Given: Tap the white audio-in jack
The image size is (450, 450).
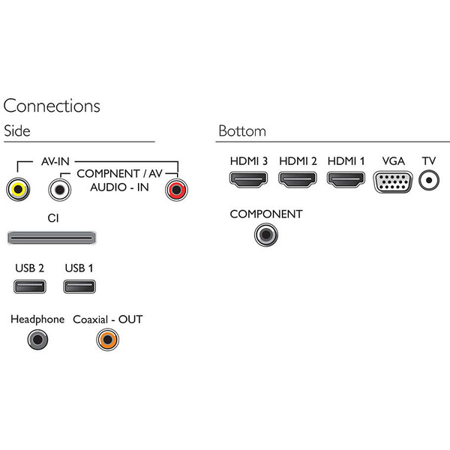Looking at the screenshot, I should point(59,190).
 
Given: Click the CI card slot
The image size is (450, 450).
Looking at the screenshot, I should point(51,238).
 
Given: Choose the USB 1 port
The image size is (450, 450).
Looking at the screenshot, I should point(79,286).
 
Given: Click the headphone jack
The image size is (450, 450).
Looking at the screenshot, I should point(37,340).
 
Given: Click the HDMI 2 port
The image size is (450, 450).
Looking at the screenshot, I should point(297,180).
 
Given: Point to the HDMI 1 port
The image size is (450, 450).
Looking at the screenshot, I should point(346,180).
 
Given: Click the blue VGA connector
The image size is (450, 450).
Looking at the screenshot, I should point(392,181).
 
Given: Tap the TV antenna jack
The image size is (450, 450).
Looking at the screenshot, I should point(429,180).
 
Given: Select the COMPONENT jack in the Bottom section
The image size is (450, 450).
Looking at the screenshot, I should point(265,235).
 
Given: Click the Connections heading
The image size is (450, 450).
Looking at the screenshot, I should point(52,106).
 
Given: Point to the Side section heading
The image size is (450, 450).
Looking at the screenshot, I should point(17,130).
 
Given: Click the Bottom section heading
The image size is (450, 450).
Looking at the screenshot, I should point(241,131).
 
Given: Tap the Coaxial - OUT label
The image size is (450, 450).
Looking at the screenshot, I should point(107,319).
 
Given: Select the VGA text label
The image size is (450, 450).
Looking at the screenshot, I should point(393,161).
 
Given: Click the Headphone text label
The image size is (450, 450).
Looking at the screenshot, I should point(37,319).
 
